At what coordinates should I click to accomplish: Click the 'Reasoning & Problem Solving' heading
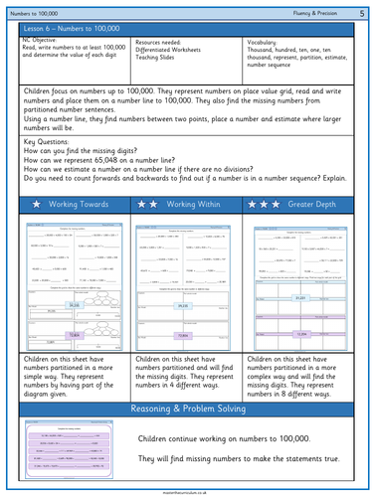pyautogui.click(x=186, y=410)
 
